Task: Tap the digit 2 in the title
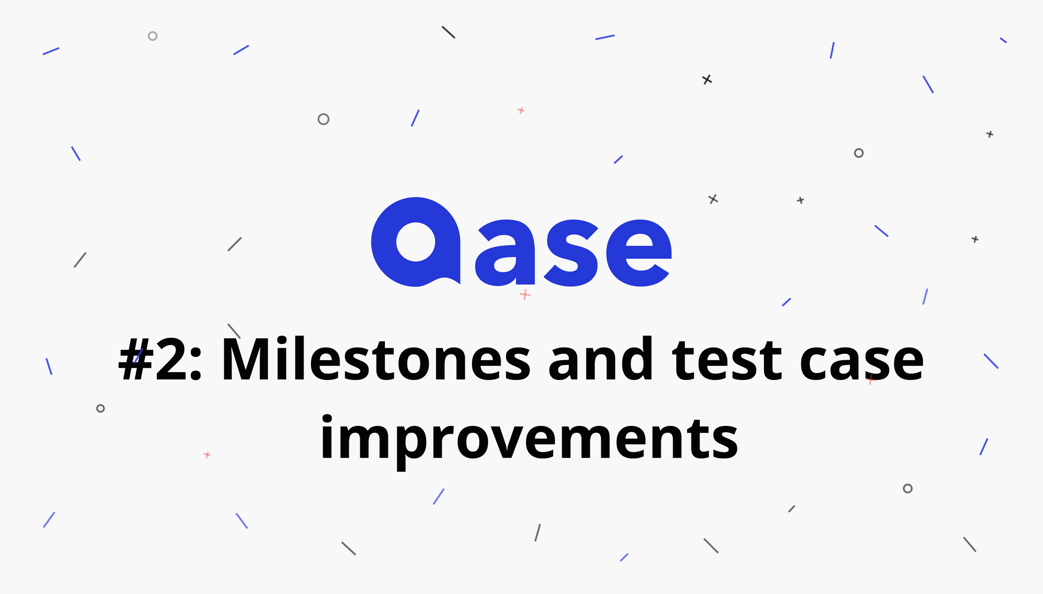coord(171,360)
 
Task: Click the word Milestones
coord(376,359)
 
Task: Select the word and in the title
coord(601,359)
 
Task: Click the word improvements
coord(529,437)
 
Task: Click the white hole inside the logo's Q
coord(416,242)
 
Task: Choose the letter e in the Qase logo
coord(638,253)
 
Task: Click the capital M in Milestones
coord(250,360)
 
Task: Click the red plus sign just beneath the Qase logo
coord(525,295)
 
